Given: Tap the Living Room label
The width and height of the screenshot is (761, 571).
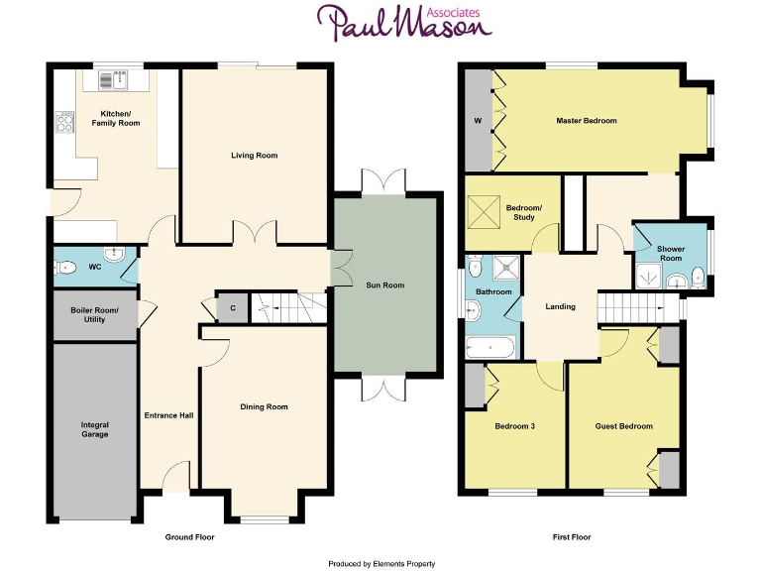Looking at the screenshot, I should (x=254, y=156).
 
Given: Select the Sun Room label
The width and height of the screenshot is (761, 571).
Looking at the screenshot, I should (x=385, y=285).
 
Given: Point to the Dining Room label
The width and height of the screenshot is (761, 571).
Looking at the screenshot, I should (x=264, y=406).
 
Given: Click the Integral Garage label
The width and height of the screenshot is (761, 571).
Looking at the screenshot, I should (x=95, y=429).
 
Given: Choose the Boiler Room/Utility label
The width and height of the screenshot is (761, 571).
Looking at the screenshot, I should (x=94, y=315).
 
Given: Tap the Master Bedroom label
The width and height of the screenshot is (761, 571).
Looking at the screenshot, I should (x=586, y=121).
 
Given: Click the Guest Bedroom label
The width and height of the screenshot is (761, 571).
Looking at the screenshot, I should (x=623, y=426).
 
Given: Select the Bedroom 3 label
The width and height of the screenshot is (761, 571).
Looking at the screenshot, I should (x=514, y=426).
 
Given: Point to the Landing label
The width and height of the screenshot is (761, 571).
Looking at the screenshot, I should (x=560, y=306).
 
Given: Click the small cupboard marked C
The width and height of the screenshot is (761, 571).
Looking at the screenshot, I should (x=232, y=307).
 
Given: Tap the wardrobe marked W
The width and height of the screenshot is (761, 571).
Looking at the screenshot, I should (x=478, y=121).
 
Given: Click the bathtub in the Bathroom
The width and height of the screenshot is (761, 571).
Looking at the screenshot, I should (x=490, y=348).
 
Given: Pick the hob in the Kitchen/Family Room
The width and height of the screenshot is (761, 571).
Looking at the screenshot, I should (x=66, y=123).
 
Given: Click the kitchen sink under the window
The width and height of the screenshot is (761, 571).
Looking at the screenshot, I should (x=118, y=72).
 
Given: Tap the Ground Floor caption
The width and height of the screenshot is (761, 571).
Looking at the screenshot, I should (x=189, y=537).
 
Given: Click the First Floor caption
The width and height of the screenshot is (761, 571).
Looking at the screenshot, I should (x=572, y=537).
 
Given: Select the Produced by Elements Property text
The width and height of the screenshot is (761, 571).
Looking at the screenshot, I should (x=381, y=563).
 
